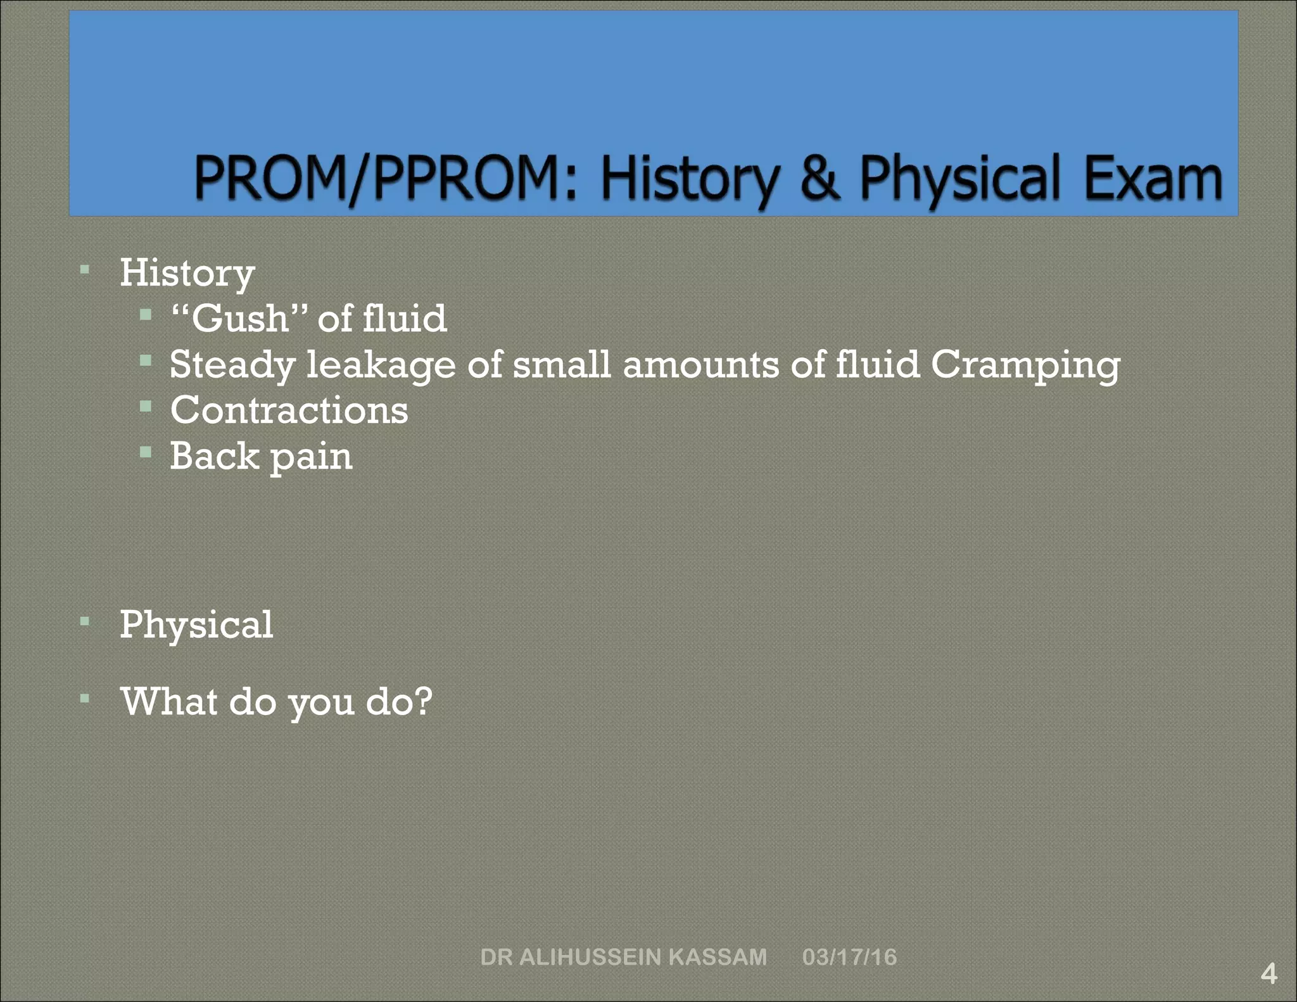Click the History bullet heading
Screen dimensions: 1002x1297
tap(187, 273)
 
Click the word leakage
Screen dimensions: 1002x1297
tap(381, 365)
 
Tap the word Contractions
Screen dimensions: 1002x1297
tap(289, 410)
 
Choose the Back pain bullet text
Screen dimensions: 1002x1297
tap(261, 456)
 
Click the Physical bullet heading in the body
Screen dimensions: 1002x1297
tap(196, 625)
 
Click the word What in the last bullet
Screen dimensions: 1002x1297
tap(169, 701)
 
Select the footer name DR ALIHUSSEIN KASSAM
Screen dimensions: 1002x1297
tap(623, 956)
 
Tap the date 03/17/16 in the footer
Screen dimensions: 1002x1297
tap(849, 956)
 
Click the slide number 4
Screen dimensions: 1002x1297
tap(1269, 973)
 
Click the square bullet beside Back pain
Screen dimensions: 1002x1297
tap(146, 452)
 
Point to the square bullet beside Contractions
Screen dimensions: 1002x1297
tap(146, 406)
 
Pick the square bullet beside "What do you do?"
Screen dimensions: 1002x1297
tap(85, 699)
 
